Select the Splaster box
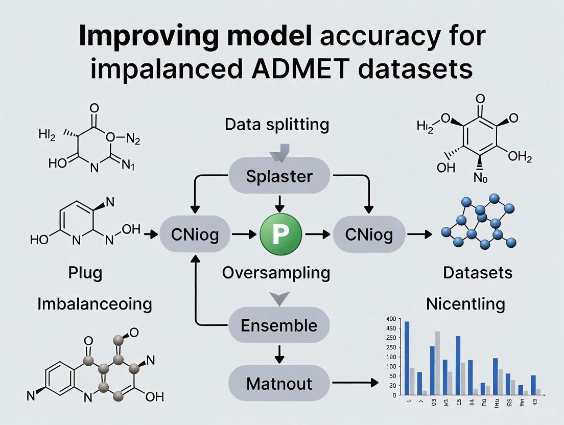[x=279, y=176]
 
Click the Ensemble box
[x=279, y=325]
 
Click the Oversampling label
[x=276, y=273]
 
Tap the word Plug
[x=85, y=273]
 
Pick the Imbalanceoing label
[x=95, y=304]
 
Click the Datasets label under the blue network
[x=477, y=273]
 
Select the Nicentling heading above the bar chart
[x=465, y=304]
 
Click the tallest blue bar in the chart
[x=407, y=358]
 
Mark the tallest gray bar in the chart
[x=437, y=363]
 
